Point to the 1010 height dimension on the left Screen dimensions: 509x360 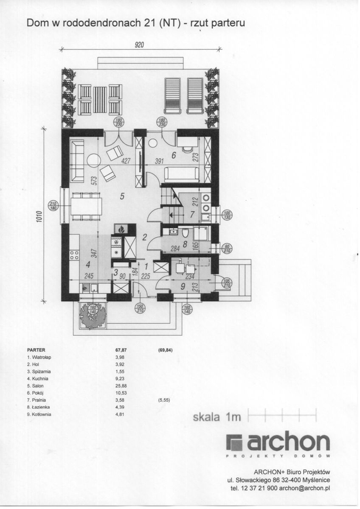click(39, 217)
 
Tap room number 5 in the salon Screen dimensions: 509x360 click(122, 196)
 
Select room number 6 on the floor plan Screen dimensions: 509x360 click(174, 156)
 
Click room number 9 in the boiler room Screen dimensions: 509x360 click(183, 287)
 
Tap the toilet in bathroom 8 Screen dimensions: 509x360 click(185, 233)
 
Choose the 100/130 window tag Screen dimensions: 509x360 click(228, 215)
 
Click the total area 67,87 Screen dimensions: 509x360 click(121, 350)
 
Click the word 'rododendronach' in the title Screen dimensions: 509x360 click(101, 24)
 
